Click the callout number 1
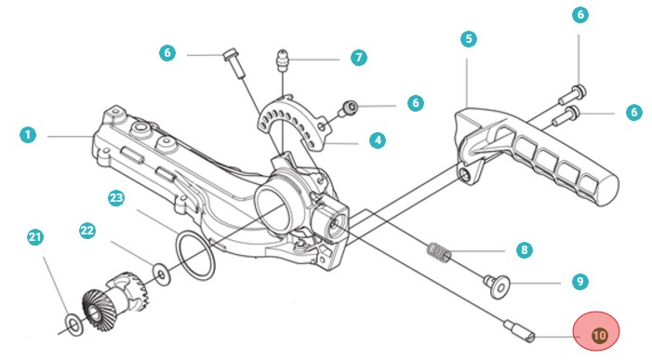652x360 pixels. click(x=28, y=135)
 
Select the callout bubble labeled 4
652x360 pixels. click(x=378, y=140)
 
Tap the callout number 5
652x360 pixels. click(x=469, y=39)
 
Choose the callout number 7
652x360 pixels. click(x=359, y=58)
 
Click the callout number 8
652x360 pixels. click(x=524, y=250)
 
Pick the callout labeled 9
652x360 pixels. click(x=580, y=282)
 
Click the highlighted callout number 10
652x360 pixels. click(x=599, y=335)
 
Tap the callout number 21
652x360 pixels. click(x=35, y=237)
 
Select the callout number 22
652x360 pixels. click(x=87, y=231)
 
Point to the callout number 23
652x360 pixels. click(x=116, y=198)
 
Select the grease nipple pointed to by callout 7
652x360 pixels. click(x=283, y=60)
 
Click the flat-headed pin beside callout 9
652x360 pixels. click(x=497, y=286)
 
